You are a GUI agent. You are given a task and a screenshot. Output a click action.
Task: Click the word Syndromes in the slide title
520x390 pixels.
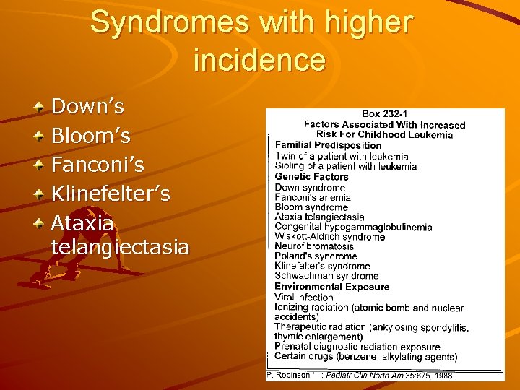click(169, 23)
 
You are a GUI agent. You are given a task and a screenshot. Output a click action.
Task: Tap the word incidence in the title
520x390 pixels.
click(259, 59)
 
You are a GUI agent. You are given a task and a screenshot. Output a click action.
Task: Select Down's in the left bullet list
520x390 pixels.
click(87, 107)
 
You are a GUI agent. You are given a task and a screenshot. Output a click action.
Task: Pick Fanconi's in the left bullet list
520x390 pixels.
click(97, 165)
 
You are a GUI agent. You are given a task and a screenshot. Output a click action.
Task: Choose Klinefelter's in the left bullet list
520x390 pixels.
click(110, 194)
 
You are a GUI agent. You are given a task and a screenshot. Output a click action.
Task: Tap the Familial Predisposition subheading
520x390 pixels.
click(329, 145)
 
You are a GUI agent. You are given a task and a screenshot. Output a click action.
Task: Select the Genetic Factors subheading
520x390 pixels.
click(311, 176)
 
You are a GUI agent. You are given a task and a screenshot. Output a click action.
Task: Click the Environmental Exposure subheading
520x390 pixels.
click(331, 287)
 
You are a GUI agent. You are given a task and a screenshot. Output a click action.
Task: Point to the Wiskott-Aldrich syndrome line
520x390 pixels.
click(330, 236)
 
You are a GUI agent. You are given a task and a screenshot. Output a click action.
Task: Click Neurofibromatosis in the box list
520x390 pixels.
click(314, 246)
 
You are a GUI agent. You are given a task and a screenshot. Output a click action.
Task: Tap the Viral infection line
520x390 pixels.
click(304, 297)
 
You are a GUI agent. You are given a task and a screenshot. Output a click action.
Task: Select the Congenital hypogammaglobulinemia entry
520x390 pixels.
click(353, 227)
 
